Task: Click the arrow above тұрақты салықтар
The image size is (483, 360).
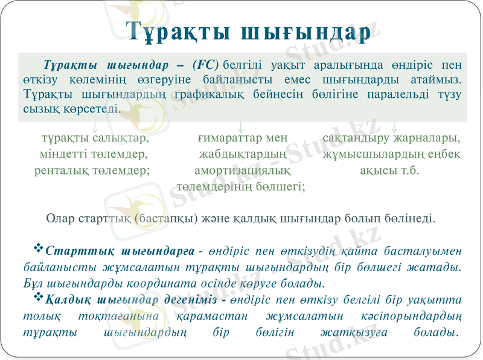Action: pos(95,127)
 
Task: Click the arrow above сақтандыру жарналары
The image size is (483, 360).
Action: pos(394,127)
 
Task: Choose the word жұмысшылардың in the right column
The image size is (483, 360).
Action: pos(376,154)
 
